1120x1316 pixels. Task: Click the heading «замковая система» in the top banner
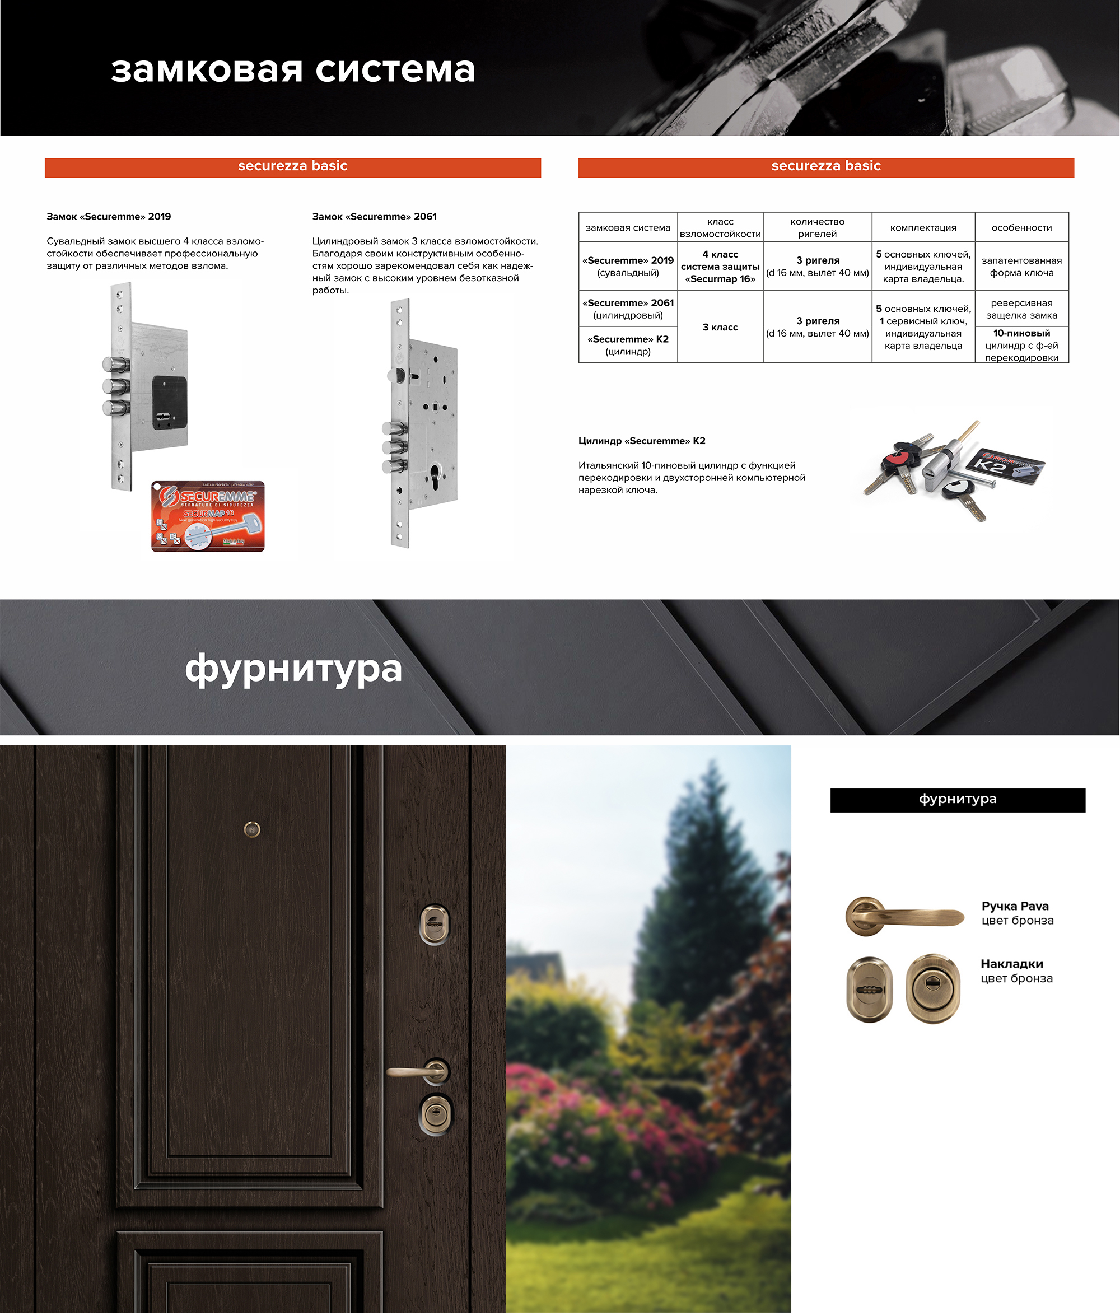(293, 70)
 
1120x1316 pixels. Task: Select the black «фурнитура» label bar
(958, 800)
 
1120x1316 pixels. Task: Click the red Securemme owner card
(208, 516)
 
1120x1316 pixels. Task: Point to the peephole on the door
(252, 829)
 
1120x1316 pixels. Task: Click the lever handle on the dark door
(418, 1072)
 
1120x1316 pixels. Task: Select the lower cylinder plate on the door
(436, 1114)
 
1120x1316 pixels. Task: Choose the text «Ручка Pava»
(1015, 906)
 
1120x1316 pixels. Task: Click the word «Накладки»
(1012, 964)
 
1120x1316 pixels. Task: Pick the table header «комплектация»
(923, 228)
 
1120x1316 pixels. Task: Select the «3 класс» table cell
(720, 327)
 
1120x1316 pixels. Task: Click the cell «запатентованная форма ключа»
(1021, 267)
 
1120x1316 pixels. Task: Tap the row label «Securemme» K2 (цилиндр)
(628, 346)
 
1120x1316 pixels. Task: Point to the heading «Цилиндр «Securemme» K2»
(642, 441)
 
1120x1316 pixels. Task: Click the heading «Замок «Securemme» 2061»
(375, 217)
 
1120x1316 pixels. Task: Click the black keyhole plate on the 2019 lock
(170, 403)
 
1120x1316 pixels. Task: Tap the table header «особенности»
(1021, 228)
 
